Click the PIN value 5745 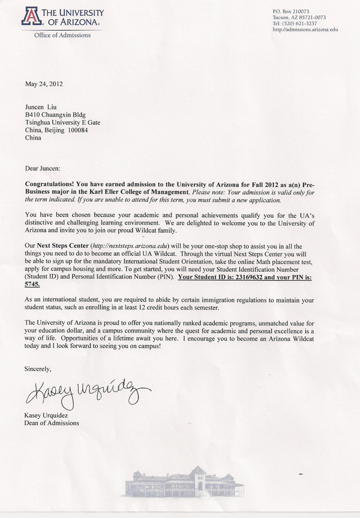pos(33,286)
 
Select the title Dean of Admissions pos(53,423)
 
